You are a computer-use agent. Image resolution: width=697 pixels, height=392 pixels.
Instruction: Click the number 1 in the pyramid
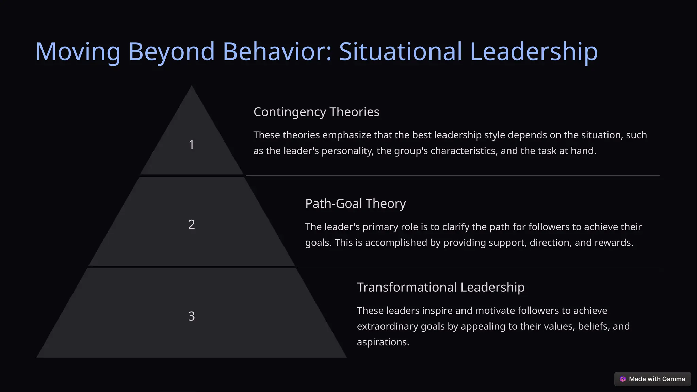[191, 145]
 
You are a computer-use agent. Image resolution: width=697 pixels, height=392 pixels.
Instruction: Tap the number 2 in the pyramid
[191, 224]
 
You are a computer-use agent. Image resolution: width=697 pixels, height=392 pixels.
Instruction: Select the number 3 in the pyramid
[191, 316]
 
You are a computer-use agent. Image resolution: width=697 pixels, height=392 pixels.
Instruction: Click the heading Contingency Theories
[316, 112]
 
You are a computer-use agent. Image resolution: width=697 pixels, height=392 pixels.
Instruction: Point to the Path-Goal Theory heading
[355, 203]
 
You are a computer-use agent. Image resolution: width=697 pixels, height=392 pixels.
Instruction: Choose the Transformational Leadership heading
[440, 287]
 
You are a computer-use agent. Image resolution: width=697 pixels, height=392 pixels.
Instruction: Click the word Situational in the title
[400, 52]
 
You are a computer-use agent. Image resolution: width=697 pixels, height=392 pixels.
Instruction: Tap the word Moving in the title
[78, 52]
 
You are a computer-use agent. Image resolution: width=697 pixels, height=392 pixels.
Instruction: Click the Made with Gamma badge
[652, 379]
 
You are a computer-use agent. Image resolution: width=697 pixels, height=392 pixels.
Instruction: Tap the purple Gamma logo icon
[623, 379]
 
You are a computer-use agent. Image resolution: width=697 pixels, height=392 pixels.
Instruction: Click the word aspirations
[383, 342]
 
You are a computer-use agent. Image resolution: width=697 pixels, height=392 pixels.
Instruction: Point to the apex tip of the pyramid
[192, 86]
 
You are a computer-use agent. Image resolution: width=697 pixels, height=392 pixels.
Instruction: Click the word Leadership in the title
[534, 52]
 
